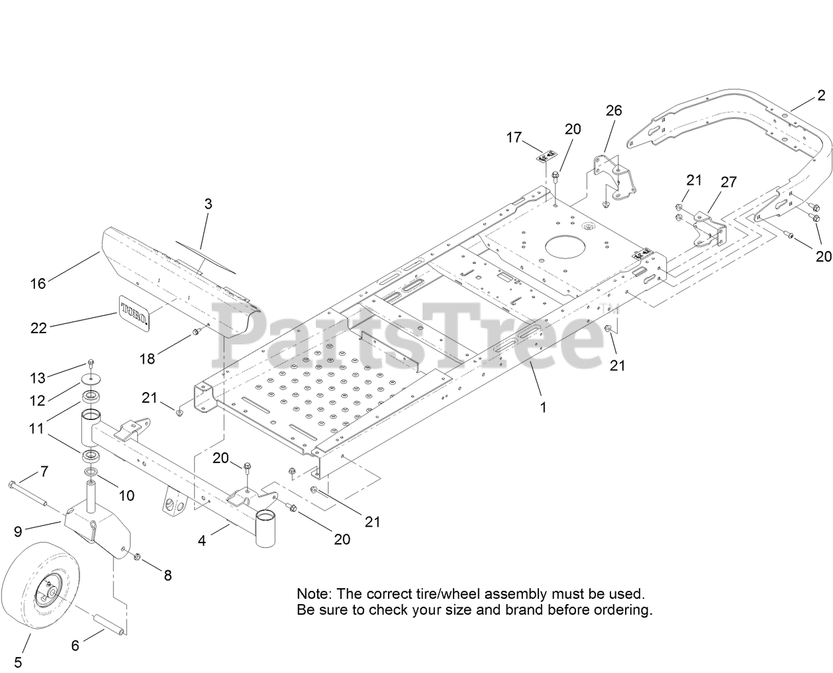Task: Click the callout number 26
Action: coord(614,110)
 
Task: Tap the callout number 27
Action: coord(728,182)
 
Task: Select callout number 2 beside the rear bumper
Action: coord(821,96)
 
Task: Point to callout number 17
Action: coord(514,138)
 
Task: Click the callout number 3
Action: coord(208,204)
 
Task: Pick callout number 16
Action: coord(38,284)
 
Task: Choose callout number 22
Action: coord(39,327)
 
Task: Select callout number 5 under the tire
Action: coord(18,661)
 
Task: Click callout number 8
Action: coord(168,576)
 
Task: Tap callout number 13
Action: coord(37,378)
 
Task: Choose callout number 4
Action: coord(202,541)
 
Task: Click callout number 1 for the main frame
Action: coord(543,407)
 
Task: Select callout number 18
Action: coord(147,358)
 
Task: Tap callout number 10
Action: coord(126,495)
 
